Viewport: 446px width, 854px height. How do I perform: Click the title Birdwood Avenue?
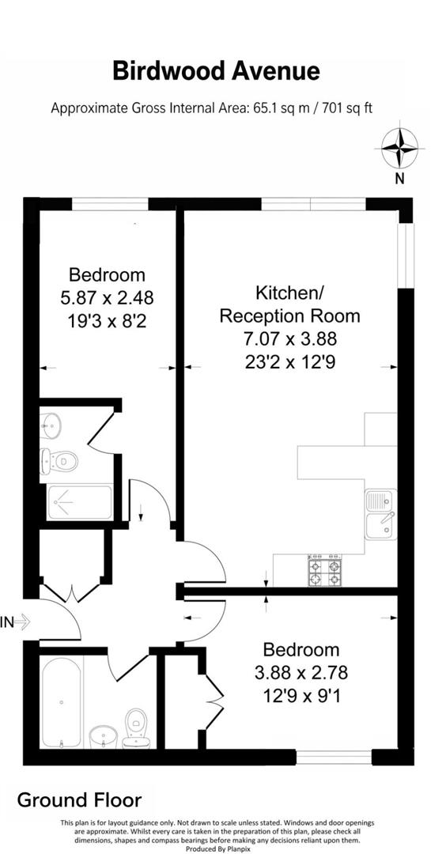tap(216, 71)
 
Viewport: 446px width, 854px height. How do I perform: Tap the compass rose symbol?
tap(399, 148)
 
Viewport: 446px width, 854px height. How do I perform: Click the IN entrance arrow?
tap(16, 622)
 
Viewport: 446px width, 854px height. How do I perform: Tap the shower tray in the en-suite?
tap(81, 502)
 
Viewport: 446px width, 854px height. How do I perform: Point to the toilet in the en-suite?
tap(61, 459)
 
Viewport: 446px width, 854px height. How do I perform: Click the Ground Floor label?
tap(79, 799)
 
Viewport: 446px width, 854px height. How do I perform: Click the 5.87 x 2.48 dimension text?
tap(107, 297)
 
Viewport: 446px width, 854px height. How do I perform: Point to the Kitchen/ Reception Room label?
tap(289, 304)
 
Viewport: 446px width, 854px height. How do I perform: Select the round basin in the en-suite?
tap(51, 425)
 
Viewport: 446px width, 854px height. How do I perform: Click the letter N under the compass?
tap(399, 178)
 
